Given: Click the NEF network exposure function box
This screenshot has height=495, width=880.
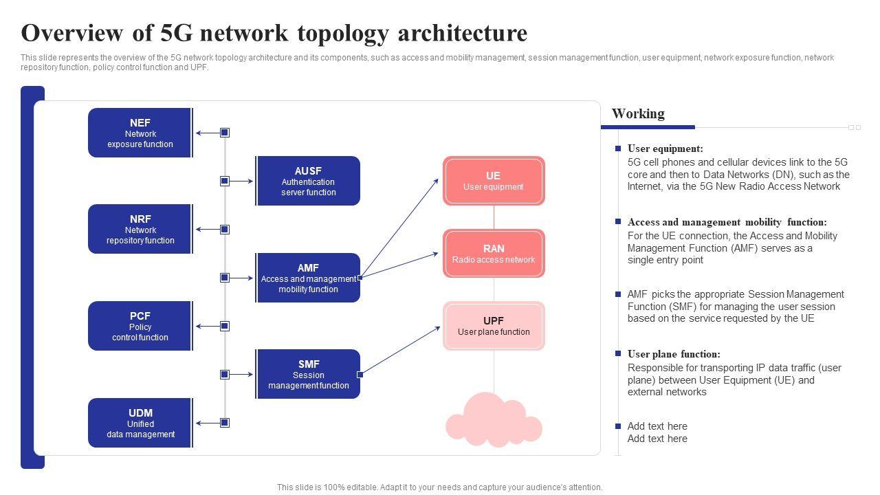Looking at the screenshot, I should tap(140, 133).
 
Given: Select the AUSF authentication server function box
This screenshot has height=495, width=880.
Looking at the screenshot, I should tap(308, 181).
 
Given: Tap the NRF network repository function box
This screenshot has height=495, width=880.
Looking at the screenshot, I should tap(140, 229).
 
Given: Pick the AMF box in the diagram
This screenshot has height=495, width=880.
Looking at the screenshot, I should tap(308, 278).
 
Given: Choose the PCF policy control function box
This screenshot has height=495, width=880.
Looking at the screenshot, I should tap(140, 326).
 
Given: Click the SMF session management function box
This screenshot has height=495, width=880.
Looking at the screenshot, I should tap(308, 374).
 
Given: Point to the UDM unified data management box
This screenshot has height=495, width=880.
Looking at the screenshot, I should tap(140, 423).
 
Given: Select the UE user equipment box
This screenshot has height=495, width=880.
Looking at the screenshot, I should tap(494, 181).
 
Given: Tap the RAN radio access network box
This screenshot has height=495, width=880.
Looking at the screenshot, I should tap(494, 254).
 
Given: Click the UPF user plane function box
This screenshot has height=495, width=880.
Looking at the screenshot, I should tap(494, 326).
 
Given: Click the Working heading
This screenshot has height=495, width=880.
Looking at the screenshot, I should tap(638, 113).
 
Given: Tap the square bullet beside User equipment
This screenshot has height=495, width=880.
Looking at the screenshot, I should tap(618, 148).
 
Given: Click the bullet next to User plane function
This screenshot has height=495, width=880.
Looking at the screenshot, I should tap(618, 354).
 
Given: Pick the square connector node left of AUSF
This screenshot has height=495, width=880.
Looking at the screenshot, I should tap(225, 181).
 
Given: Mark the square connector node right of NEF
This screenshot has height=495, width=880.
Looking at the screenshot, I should tap(225, 133).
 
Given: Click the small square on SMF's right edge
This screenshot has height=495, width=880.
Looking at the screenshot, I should tap(360, 375).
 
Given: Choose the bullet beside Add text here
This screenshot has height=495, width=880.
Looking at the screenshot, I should tap(618, 426).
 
